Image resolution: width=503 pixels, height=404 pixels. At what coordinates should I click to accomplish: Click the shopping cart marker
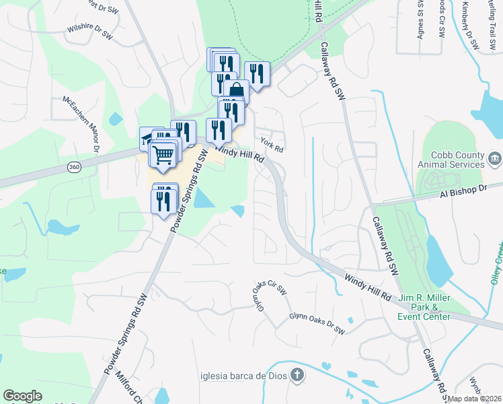164,156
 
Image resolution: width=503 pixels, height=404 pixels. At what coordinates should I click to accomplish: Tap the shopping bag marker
237,91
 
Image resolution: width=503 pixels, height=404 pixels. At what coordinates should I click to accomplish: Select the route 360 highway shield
74,167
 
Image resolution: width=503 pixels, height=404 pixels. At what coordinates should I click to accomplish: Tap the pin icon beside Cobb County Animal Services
494,159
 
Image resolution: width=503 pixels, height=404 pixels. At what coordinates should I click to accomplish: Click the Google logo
22,396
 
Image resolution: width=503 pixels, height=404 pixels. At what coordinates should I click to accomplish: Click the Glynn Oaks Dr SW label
317,323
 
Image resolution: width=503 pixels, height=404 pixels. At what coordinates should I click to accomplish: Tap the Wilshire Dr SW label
89,31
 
